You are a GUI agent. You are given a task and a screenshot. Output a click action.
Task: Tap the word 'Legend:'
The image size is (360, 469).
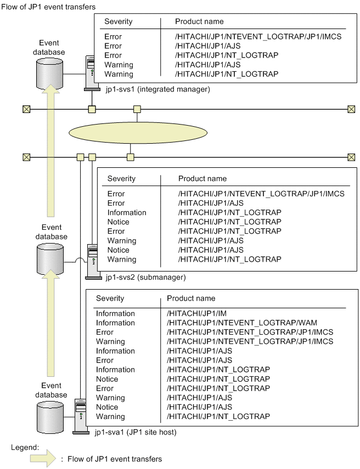24,447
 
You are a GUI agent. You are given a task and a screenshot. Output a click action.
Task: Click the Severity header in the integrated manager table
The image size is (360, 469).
119,21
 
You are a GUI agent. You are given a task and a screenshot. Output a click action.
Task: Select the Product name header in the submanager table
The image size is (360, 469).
203,178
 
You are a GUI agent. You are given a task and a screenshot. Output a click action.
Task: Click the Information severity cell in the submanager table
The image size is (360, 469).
127,212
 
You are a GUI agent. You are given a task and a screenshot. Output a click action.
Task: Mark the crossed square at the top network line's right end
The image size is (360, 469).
351,109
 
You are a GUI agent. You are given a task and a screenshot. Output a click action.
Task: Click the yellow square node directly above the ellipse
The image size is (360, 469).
138,109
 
